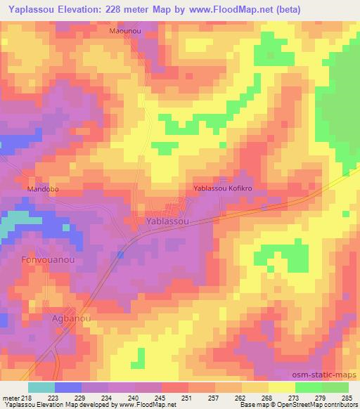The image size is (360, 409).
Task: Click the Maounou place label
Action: (126, 32)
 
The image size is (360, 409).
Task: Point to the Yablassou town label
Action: (167, 221)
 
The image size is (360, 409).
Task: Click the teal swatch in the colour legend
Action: (41, 387)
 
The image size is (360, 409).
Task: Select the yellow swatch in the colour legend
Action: (281, 387)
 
